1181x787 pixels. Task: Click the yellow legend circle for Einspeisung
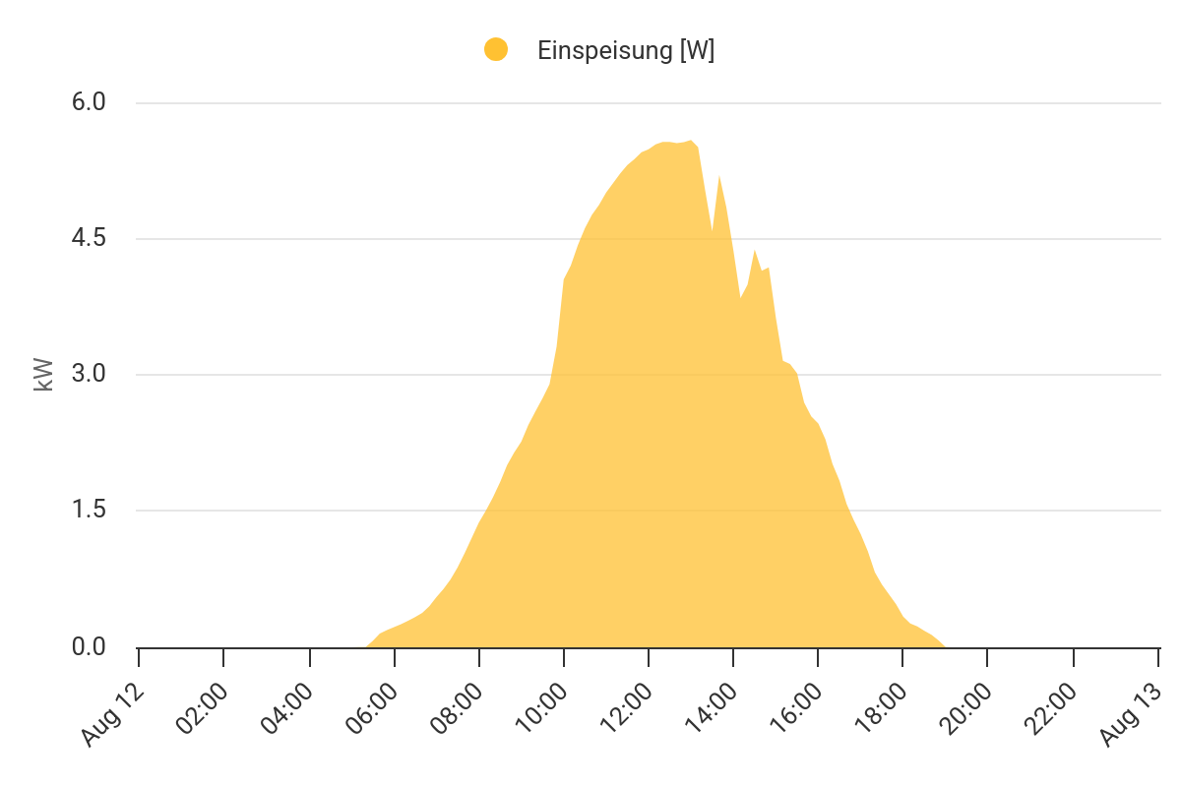[x=496, y=50]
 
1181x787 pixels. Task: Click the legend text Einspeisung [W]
[x=626, y=51]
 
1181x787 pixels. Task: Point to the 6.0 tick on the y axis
[x=89, y=103]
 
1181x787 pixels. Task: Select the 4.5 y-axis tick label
[x=89, y=239]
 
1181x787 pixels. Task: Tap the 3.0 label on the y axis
[x=89, y=375]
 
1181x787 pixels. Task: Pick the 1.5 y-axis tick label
[x=89, y=511]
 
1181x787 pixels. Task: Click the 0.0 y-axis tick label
[x=89, y=647]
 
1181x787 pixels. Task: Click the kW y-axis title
[x=43, y=375]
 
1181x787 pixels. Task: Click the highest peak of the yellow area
[x=691, y=142]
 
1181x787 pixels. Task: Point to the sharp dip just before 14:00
[x=713, y=232]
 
